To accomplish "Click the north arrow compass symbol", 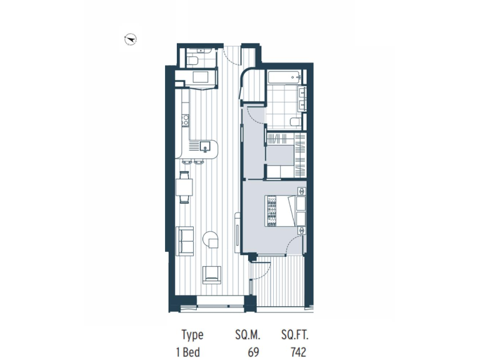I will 131,39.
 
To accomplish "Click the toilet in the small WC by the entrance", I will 193,60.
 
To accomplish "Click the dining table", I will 184,188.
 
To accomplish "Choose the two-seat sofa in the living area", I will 186,241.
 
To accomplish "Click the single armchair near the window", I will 211,274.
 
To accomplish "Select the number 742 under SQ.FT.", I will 298,352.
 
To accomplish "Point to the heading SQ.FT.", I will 294,336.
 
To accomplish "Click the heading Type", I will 192,336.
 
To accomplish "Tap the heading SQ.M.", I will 247,336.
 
